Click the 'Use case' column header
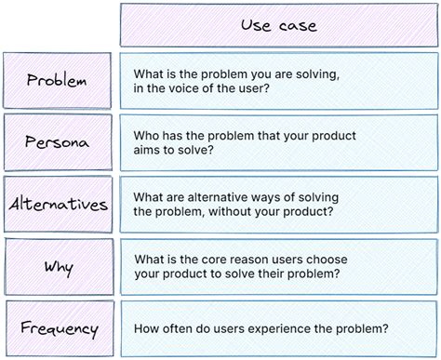(x=278, y=25)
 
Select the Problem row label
(x=57, y=80)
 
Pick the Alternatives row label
(x=58, y=204)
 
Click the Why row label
(x=58, y=267)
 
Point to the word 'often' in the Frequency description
(x=182, y=327)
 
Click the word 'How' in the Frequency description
(x=149, y=327)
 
